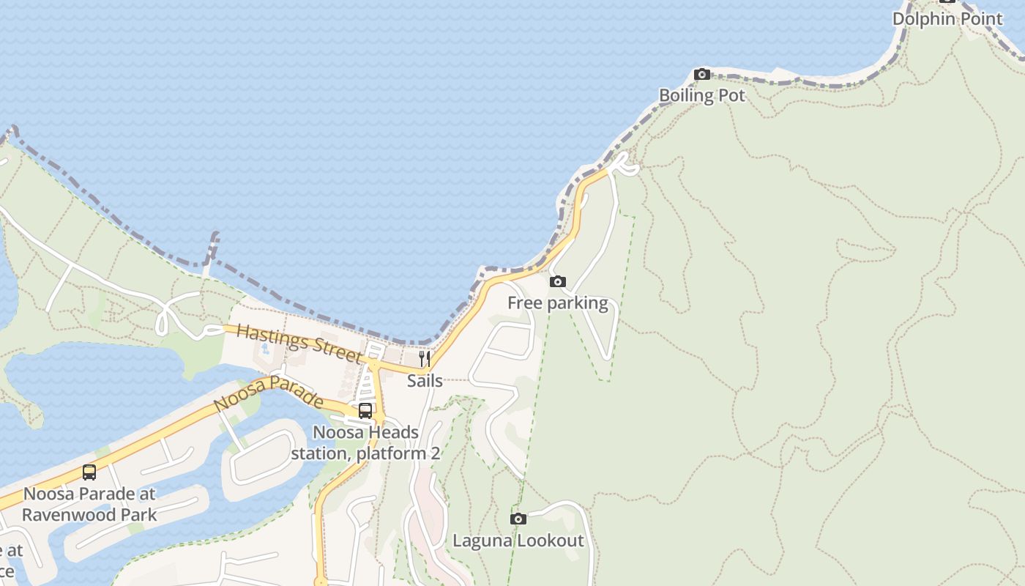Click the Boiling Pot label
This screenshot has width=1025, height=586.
click(701, 95)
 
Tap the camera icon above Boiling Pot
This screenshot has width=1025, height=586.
click(701, 74)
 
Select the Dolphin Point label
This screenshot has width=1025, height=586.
click(947, 19)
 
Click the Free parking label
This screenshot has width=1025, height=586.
click(557, 303)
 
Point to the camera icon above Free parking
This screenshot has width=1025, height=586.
click(557, 281)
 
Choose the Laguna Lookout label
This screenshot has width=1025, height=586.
click(518, 541)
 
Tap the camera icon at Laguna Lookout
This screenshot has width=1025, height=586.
click(518, 519)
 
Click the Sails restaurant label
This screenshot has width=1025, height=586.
click(425, 381)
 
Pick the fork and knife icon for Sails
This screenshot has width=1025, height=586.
click(424, 358)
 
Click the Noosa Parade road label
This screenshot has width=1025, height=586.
click(269, 394)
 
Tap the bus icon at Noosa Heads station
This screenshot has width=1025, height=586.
click(365, 411)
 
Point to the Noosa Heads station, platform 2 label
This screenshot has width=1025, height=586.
click(365, 443)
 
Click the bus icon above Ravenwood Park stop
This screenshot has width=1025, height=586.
click(89, 472)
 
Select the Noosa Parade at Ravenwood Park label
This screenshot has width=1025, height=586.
click(89, 504)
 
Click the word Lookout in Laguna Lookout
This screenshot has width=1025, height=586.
click(551, 541)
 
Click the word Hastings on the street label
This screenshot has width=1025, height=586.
click(267, 335)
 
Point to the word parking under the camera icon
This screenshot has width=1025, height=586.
click(578, 303)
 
